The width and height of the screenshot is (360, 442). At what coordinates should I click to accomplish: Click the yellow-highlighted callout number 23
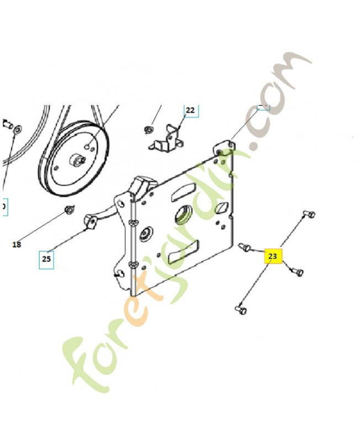(273, 257)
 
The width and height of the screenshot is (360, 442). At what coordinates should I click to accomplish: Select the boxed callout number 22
(190, 110)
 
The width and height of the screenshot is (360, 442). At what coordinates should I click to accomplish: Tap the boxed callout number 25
(46, 258)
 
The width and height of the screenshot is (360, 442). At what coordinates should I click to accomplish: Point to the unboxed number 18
(17, 244)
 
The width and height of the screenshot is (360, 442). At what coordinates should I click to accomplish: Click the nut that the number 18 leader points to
(69, 209)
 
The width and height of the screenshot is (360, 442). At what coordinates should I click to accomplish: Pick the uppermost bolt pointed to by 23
(309, 214)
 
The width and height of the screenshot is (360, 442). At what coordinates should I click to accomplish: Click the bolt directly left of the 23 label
(245, 246)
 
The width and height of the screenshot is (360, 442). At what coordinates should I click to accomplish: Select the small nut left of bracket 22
(148, 130)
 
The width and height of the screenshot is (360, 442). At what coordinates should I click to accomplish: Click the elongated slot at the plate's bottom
(181, 253)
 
